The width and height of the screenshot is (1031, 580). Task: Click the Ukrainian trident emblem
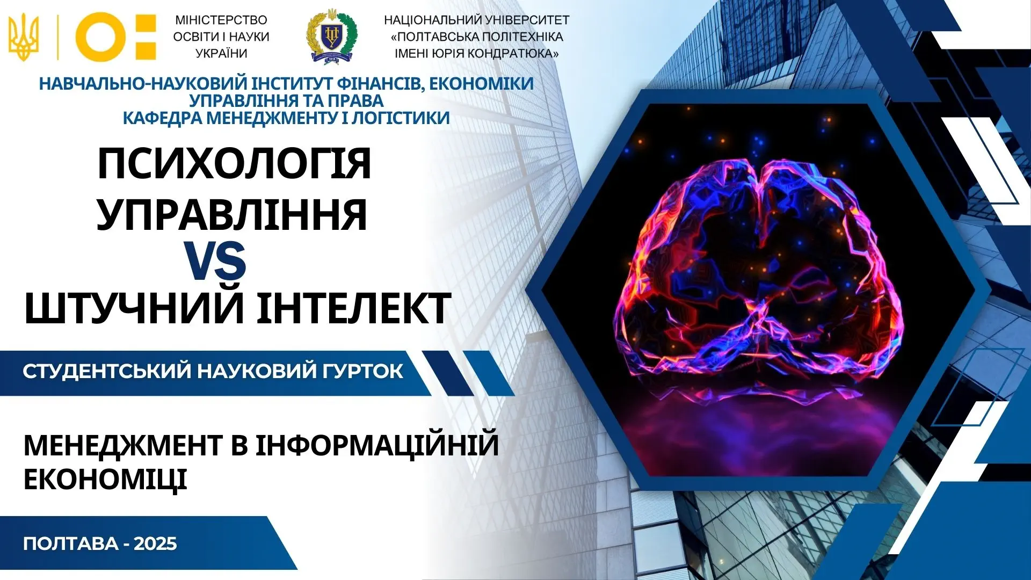pyautogui.click(x=24, y=37)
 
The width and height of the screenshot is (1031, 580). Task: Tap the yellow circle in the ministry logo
pyautogui.click(x=100, y=37)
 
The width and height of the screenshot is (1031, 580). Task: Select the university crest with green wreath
pyautogui.click(x=331, y=36)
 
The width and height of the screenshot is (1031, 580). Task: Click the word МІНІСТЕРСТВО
pyautogui.click(x=221, y=20)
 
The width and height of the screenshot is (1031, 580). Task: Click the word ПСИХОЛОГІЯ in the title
pyautogui.click(x=234, y=164)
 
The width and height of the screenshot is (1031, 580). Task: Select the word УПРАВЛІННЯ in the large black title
pyautogui.click(x=232, y=214)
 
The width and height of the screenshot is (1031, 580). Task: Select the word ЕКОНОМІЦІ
pyautogui.click(x=105, y=479)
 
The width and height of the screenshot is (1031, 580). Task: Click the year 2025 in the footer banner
pyautogui.click(x=155, y=543)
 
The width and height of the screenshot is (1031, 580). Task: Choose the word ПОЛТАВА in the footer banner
pyautogui.click(x=71, y=544)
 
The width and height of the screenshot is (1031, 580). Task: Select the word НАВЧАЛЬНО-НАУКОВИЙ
pyautogui.click(x=144, y=84)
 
